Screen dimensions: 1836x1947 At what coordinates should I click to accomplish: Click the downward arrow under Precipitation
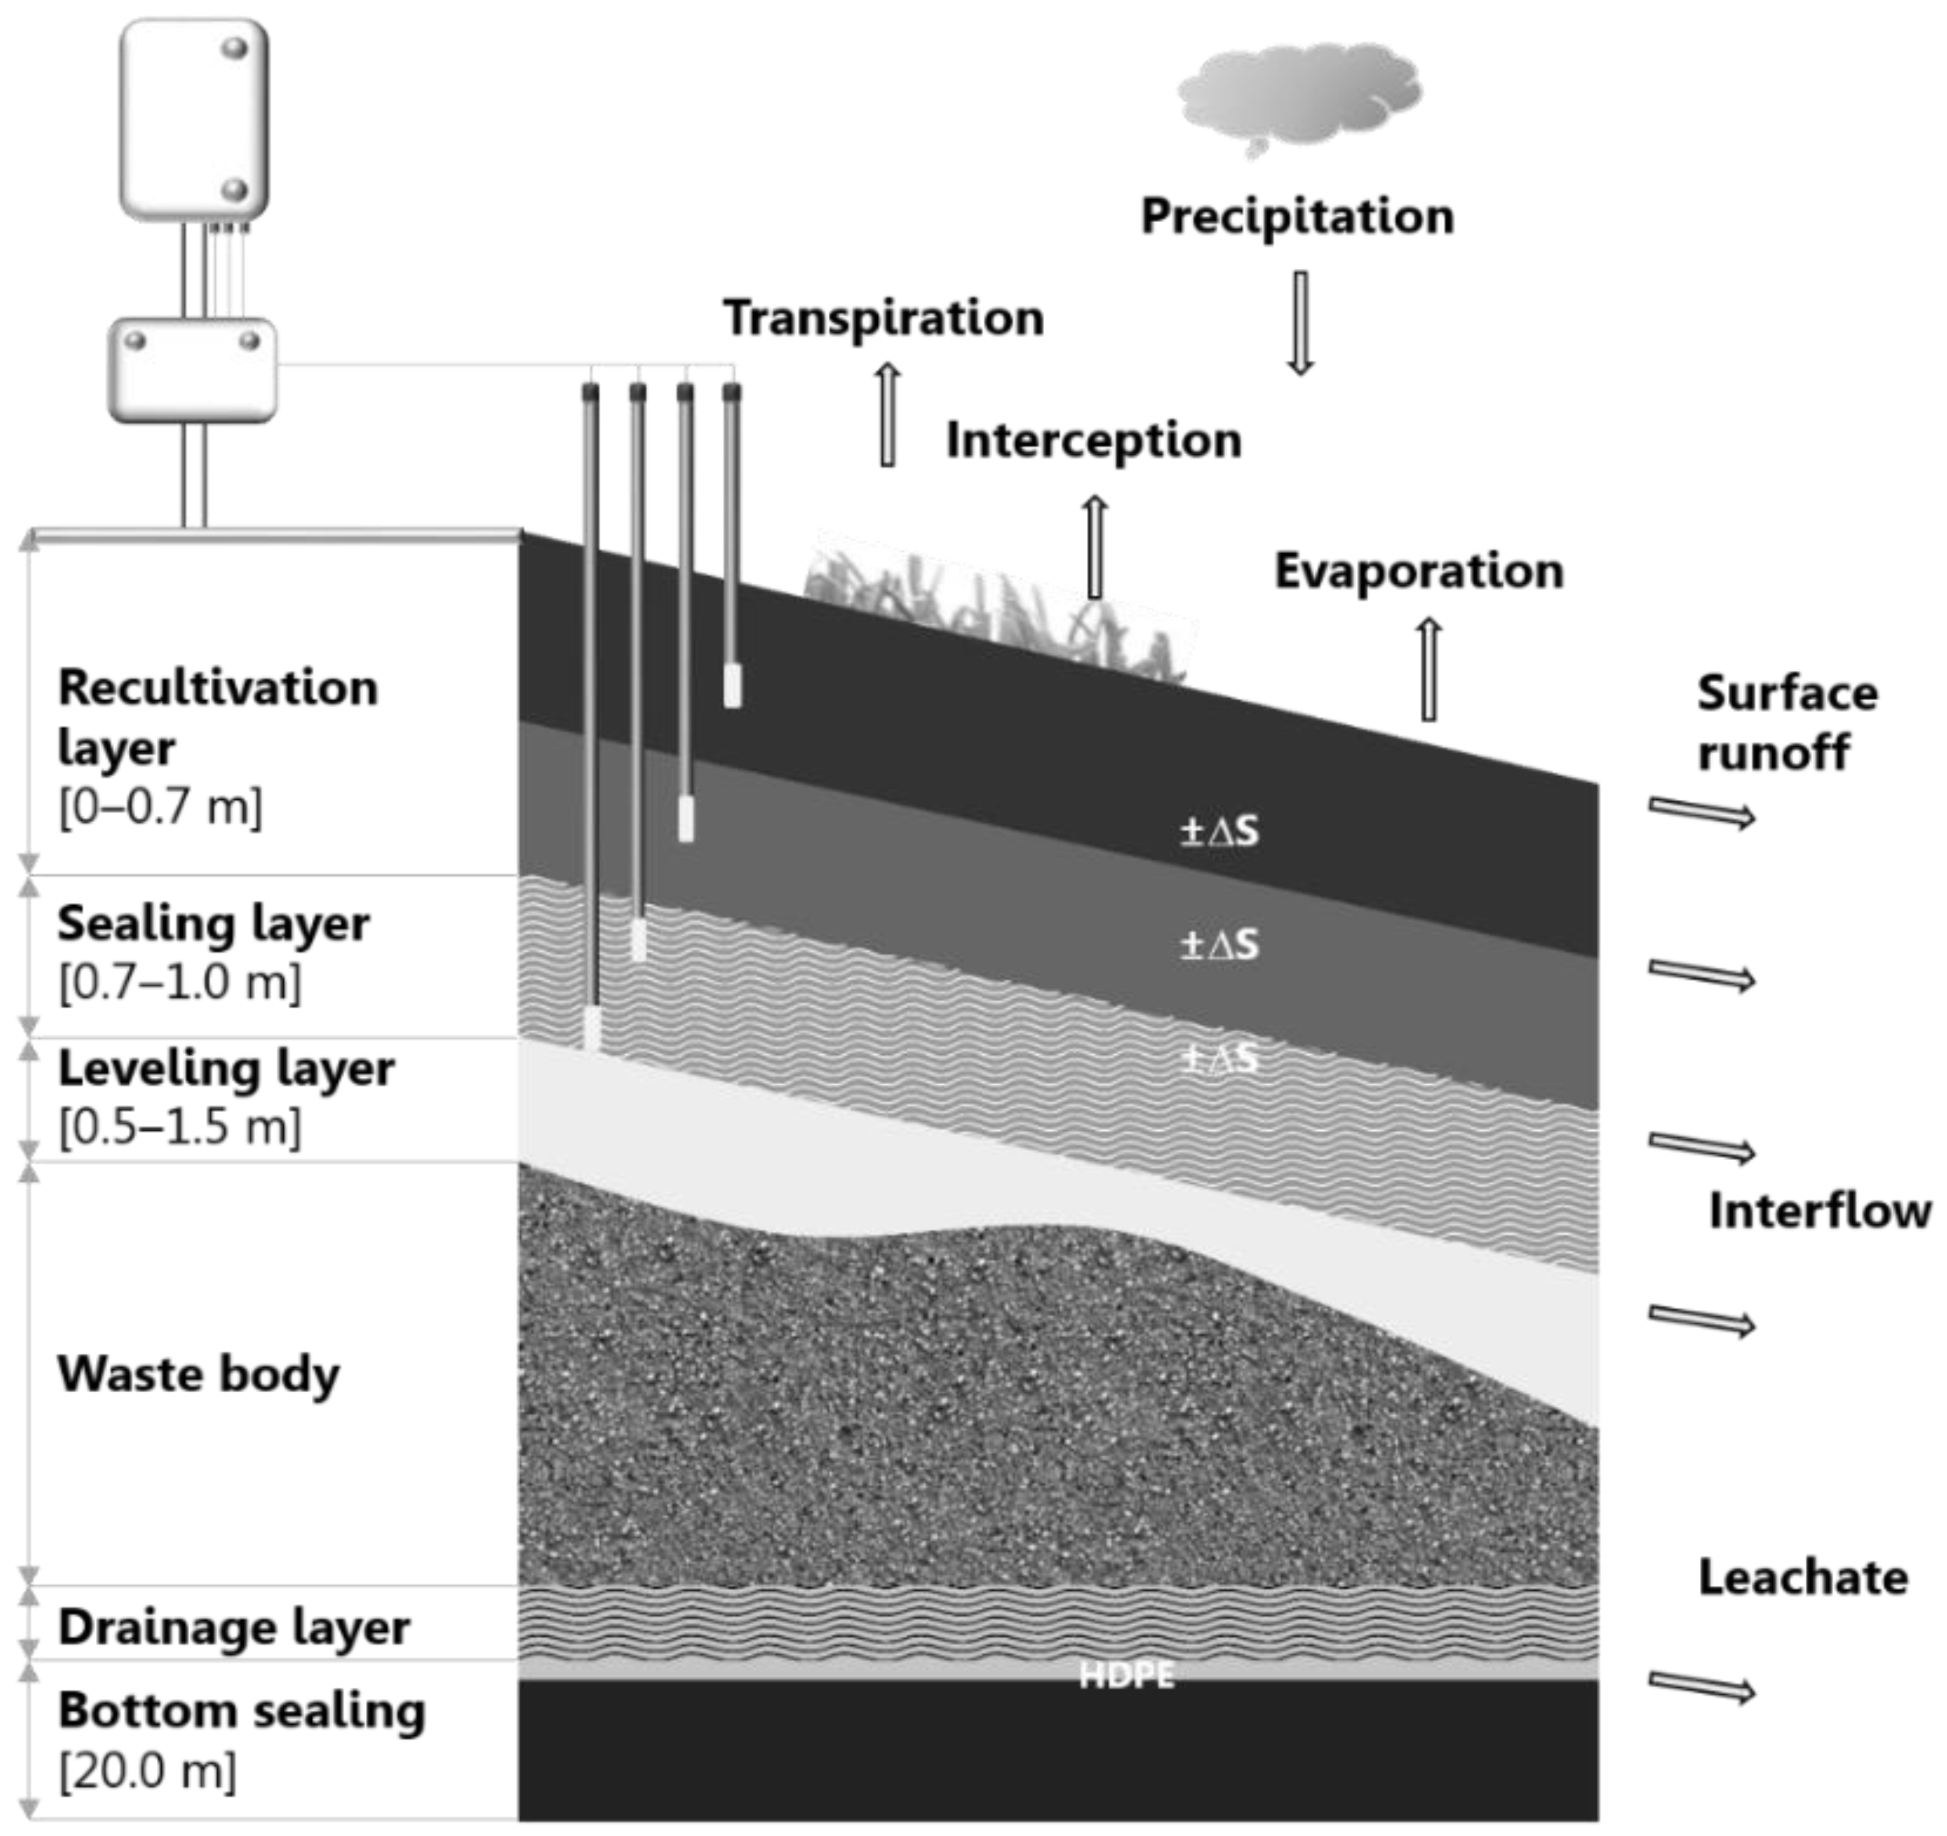[x=1300, y=323]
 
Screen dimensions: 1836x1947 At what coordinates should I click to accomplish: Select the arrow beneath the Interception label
[x=1095, y=546]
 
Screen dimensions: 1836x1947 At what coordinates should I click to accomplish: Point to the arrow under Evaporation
[x=1428, y=669]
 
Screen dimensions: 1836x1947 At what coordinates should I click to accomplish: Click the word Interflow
[x=1819, y=1211]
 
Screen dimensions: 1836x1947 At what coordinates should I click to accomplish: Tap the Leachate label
[x=1802, y=1577]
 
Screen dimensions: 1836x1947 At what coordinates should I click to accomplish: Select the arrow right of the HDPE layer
[x=1701, y=1686]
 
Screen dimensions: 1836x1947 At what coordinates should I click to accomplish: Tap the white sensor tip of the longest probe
[x=592, y=1029]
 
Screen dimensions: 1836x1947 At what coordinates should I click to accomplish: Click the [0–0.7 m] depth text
[x=161, y=807]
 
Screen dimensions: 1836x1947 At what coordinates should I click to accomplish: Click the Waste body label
[x=199, y=1375]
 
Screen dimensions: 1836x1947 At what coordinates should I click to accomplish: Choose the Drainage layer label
[x=233, y=1628]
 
